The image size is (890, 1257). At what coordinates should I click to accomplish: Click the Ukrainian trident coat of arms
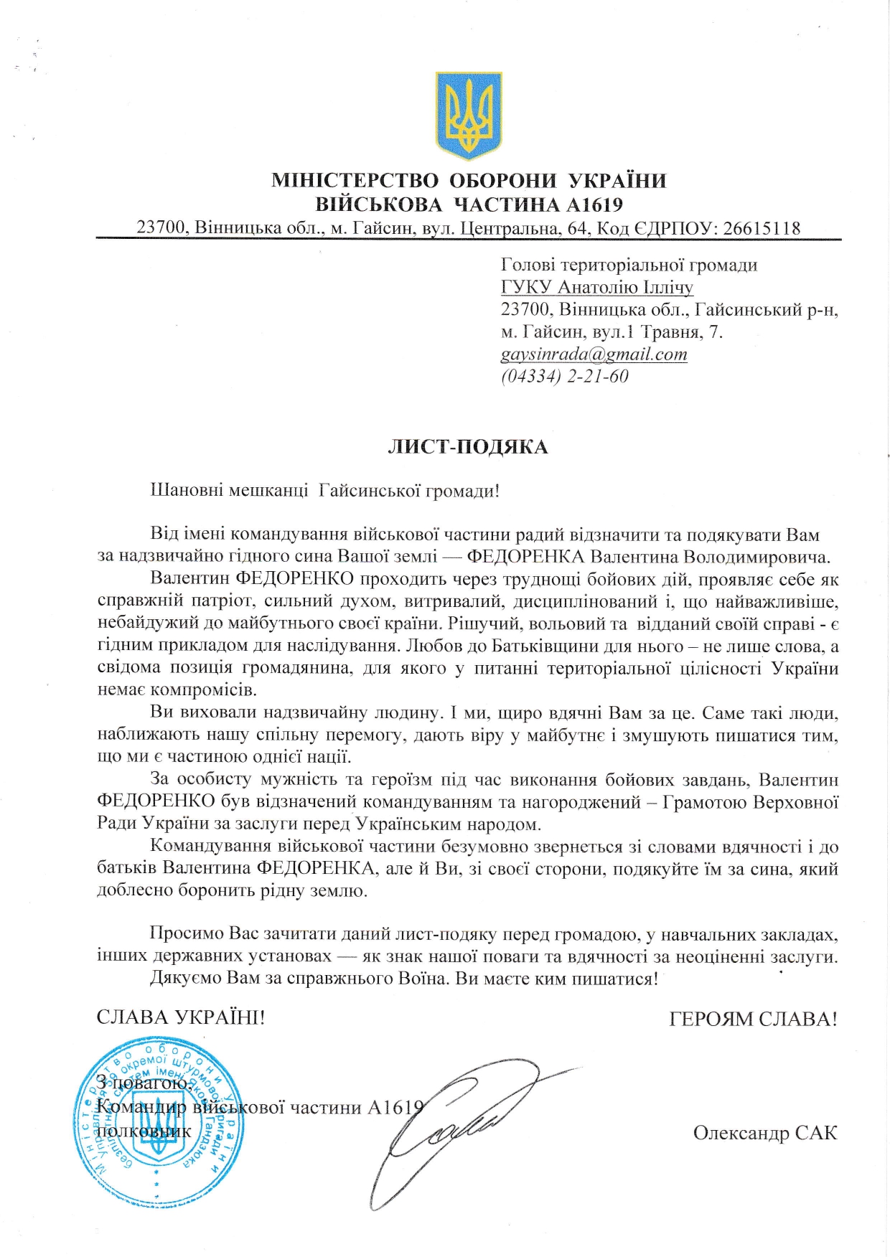tap(469, 115)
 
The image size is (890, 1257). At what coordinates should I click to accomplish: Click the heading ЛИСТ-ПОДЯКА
tap(468, 447)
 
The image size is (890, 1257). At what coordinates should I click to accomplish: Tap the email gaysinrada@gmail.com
tap(594, 354)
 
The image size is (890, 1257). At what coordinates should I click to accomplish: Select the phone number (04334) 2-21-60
tap(564, 376)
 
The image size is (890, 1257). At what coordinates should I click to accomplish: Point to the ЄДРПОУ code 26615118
tap(762, 228)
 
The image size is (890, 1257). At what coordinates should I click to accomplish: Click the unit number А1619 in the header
tap(594, 204)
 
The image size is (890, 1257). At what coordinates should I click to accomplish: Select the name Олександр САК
tap(764, 1132)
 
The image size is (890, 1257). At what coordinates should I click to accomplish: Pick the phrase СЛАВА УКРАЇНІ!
tap(181, 1017)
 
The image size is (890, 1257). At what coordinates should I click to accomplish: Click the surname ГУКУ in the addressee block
tap(527, 288)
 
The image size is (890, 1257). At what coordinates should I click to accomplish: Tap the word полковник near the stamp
tap(144, 1131)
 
